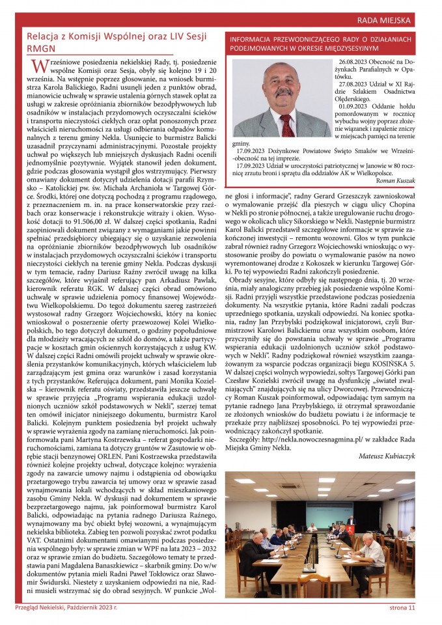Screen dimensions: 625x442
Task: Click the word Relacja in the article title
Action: [x=40, y=36]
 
